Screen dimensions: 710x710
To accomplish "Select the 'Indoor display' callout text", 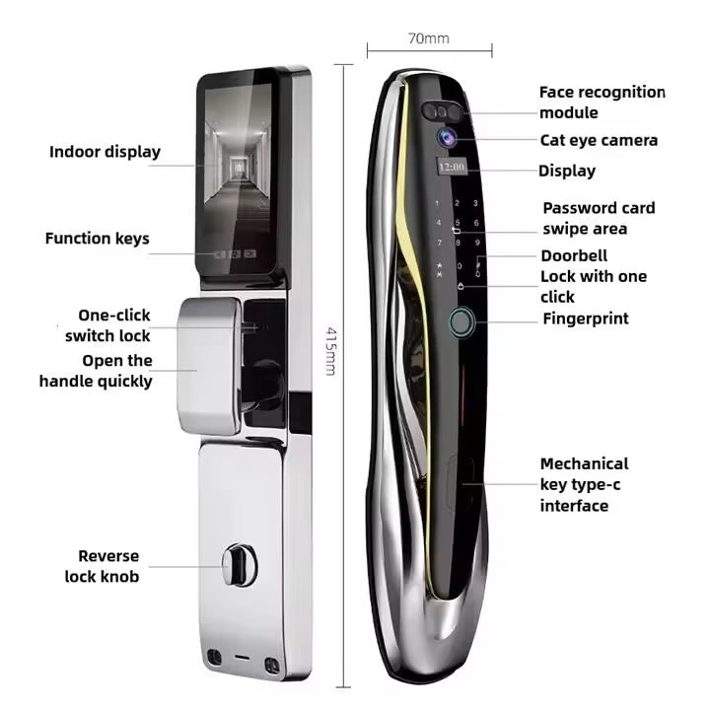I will click(105, 152).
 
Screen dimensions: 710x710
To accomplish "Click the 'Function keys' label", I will click(97, 238).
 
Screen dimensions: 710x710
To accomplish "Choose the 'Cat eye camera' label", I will click(599, 140).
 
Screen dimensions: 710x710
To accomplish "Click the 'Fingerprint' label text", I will click(585, 319).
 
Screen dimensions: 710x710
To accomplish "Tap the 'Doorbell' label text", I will click(574, 255).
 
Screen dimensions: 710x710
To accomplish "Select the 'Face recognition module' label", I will click(602, 102).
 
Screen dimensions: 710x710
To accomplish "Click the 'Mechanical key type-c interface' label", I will click(584, 484).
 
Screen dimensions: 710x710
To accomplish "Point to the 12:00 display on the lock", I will click(453, 169).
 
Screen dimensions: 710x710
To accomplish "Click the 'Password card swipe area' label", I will click(599, 218).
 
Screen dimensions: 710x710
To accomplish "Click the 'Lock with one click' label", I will click(593, 286).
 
